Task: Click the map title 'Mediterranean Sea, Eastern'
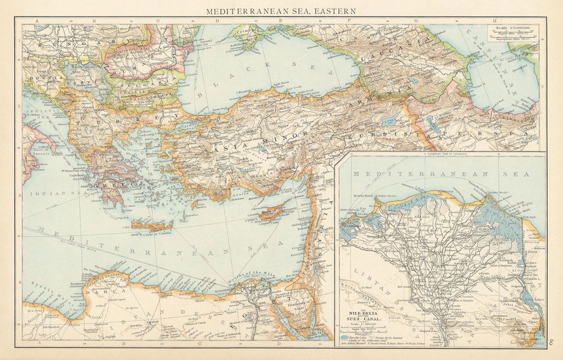(x=281, y=11)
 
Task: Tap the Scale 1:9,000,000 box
(x=513, y=32)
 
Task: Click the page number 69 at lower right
(x=551, y=340)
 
